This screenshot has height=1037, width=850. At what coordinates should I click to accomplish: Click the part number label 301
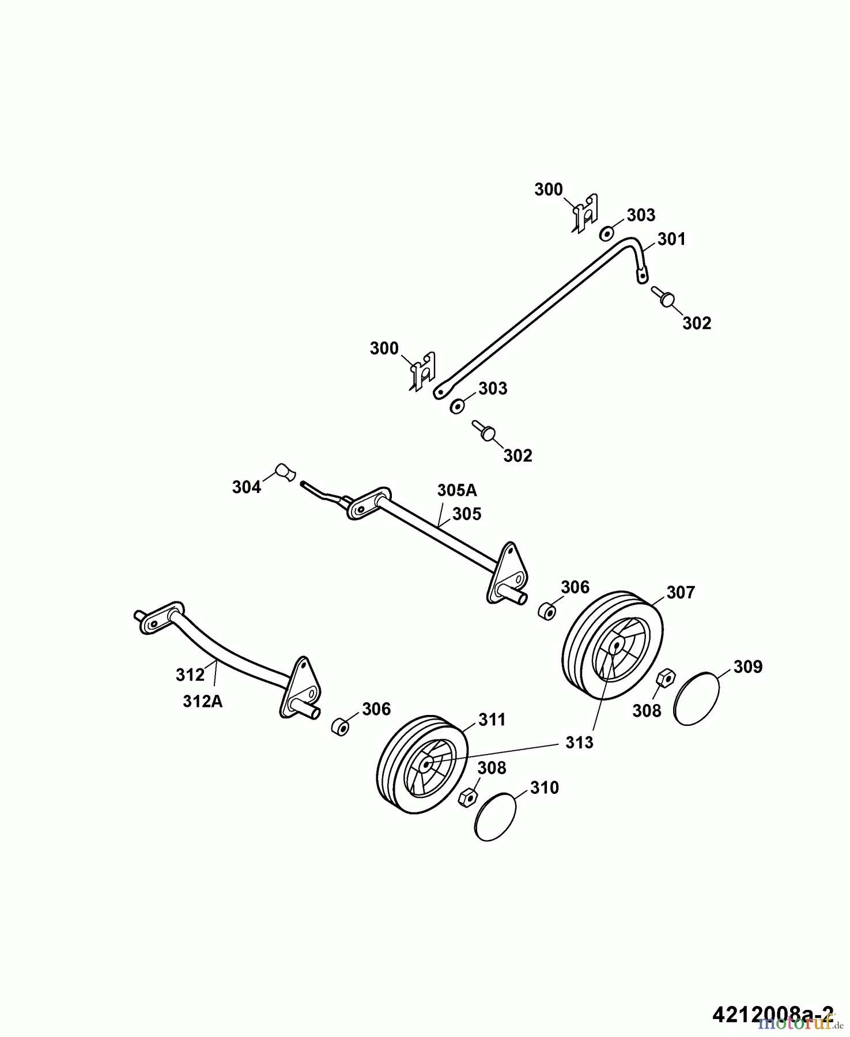(x=671, y=239)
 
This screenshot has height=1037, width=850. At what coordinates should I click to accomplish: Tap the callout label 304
(x=246, y=487)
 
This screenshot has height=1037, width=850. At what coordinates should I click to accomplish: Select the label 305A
(x=457, y=490)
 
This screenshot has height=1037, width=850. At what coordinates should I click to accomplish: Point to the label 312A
(x=203, y=701)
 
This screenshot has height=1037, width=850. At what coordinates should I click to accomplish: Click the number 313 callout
(x=579, y=743)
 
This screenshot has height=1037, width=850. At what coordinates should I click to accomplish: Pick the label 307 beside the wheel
(x=681, y=592)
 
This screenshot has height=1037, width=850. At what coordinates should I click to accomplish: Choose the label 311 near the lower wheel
(x=492, y=720)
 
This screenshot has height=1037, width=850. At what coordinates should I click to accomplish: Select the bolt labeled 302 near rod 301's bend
(x=665, y=298)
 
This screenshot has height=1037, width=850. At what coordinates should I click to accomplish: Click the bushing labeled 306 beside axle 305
(x=546, y=611)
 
